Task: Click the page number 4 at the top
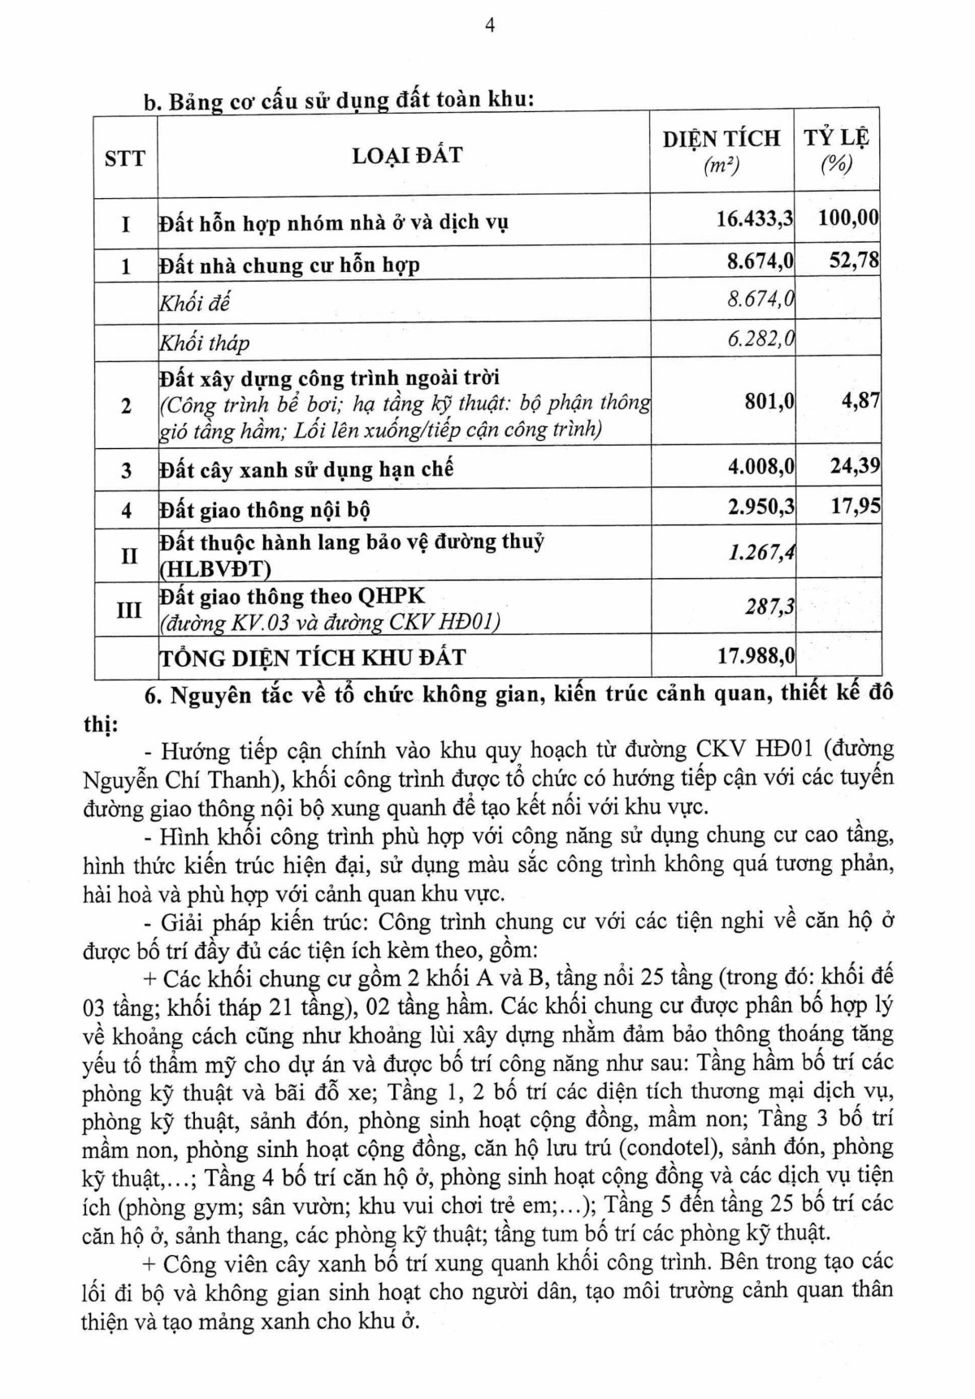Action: click(x=490, y=25)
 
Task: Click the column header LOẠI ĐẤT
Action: click(x=407, y=155)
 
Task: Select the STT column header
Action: click(x=125, y=158)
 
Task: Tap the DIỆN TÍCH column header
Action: click(x=721, y=139)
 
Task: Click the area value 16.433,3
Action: click(x=755, y=219)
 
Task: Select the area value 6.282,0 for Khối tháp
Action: click(x=760, y=339)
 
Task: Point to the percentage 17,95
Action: click(x=855, y=507)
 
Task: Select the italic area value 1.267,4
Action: click(x=760, y=553)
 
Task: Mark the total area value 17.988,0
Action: click(x=755, y=655)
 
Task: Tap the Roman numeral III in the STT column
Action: click(x=128, y=610)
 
